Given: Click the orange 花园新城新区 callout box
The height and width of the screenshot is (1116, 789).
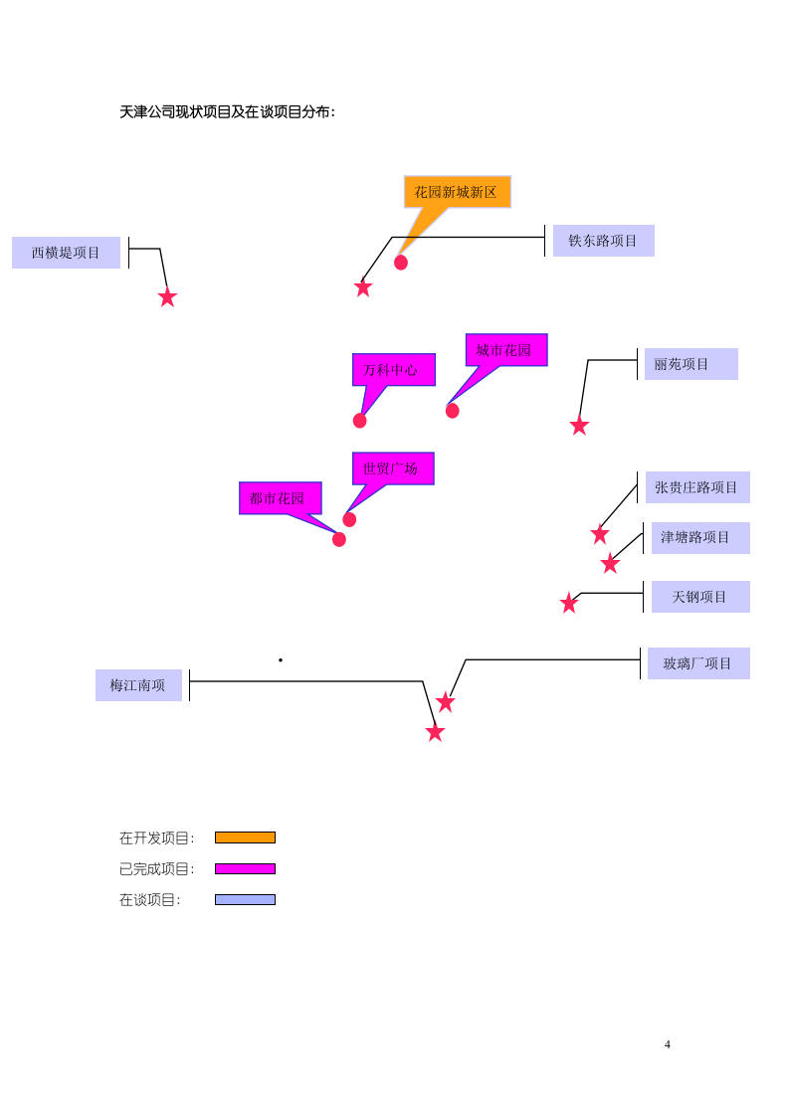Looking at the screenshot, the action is click(x=457, y=192).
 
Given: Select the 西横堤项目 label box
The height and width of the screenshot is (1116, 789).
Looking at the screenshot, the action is click(x=67, y=253).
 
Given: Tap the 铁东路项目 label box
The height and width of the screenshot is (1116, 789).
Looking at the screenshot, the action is click(x=604, y=241).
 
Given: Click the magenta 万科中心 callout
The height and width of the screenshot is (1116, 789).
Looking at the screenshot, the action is click(x=394, y=370).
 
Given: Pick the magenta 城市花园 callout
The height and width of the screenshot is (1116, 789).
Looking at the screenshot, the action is click(x=506, y=350).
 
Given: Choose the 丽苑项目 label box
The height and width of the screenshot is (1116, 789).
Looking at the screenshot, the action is click(x=690, y=364).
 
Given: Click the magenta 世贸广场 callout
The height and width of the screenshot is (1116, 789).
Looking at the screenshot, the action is click(x=393, y=468).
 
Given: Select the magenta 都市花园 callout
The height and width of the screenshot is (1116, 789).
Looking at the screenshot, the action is click(x=281, y=498).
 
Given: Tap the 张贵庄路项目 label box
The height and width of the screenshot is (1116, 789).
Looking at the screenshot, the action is click(x=697, y=487).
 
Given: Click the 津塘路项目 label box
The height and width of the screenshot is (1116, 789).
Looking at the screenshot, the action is click(x=700, y=537).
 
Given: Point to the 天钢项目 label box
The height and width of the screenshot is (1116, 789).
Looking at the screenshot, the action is click(x=700, y=597).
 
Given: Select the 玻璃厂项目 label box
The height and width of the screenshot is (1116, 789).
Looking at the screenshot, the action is click(x=698, y=663).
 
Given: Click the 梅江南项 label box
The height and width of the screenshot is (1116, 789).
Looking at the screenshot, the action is click(x=139, y=685).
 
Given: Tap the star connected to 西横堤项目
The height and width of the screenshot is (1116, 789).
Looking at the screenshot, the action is click(x=167, y=297).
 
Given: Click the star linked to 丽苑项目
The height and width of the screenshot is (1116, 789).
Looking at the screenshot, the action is click(x=580, y=426).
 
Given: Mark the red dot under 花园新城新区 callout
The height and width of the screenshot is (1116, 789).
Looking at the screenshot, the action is click(x=401, y=263).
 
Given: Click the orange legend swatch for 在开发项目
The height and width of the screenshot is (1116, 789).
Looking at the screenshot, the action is click(x=245, y=837).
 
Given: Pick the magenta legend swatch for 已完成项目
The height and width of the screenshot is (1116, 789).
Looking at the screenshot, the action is click(x=245, y=869).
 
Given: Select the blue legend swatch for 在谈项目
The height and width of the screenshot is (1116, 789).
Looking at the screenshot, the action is click(x=245, y=899).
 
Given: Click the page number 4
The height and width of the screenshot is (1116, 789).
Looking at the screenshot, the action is click(x=668, y=1044).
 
